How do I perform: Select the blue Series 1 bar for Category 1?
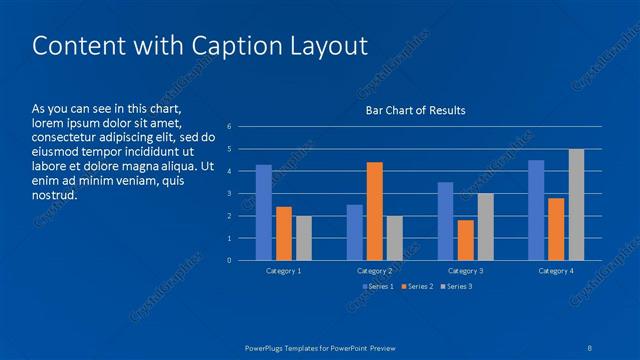point(264,212)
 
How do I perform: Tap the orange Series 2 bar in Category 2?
point(374,211)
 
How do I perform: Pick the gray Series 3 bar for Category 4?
point(576,204)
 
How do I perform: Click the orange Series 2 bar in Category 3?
point(465,240)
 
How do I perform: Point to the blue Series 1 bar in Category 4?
point(536,210)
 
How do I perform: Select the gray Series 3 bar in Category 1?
point(304,238)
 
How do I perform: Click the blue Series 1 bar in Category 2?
point(354,232)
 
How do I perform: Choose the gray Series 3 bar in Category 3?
point(485,227)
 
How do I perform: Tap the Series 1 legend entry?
point(379,287)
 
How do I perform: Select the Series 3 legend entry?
point(456,287)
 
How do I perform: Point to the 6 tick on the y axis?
point(230,127)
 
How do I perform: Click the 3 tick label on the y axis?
point(230,194)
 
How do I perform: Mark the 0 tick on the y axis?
point(230,261)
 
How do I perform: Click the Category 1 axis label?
point(284,271)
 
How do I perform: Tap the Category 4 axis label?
point(556,271)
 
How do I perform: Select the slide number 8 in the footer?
point(591,347)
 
